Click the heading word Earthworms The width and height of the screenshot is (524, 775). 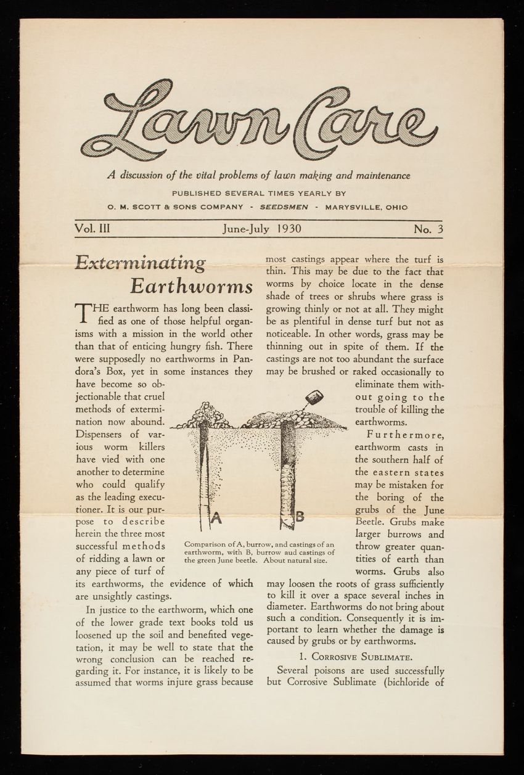192,288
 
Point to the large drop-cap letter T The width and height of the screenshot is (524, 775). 82,314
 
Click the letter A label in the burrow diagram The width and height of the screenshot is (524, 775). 215,519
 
